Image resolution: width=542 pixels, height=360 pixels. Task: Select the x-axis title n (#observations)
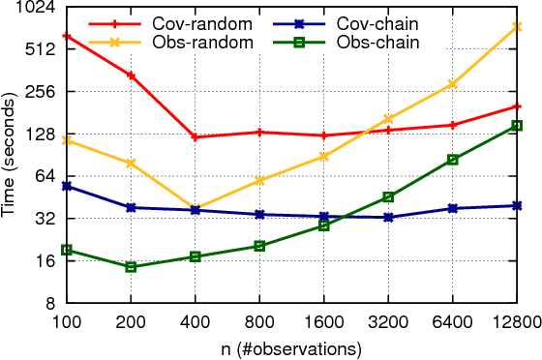pos(291,346)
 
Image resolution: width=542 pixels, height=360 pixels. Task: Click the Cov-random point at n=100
pos(66,36)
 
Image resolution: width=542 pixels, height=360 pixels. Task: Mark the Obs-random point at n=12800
pos(517,27)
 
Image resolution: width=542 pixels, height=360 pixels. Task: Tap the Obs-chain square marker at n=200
pos(131,267)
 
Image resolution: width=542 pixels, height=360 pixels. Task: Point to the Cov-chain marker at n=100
pos(66,186)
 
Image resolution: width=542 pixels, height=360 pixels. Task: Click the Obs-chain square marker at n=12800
pos(517,126)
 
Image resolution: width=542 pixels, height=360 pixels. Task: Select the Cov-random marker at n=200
pos(131,75)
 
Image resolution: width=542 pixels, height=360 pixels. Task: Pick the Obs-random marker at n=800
pos(259,180)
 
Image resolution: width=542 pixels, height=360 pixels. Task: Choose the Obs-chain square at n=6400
pos(452,160)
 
